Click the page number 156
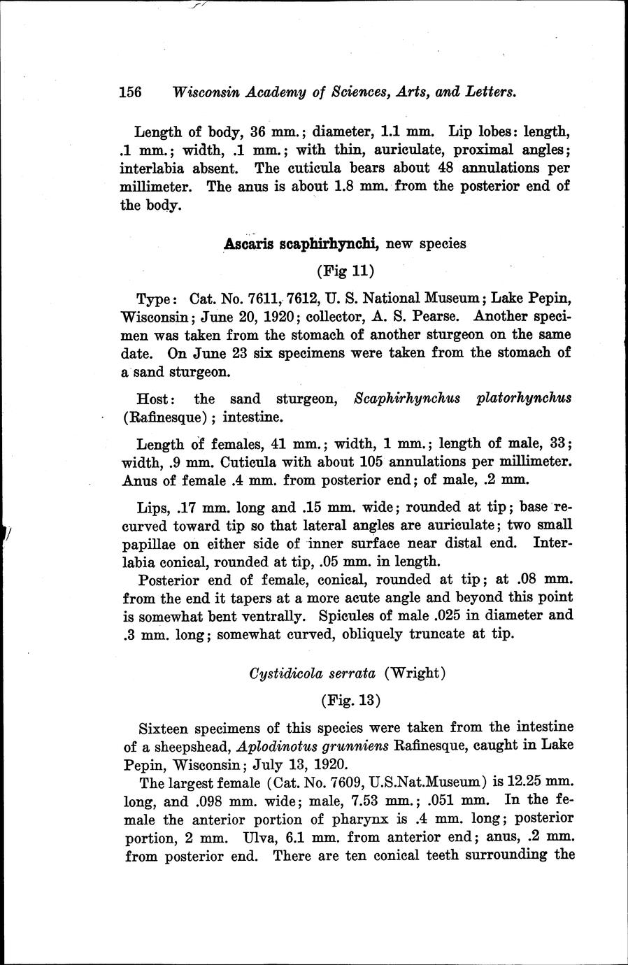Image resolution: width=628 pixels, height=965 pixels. tap(131, 92)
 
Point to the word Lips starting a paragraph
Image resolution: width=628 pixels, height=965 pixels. tap(153, 507)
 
